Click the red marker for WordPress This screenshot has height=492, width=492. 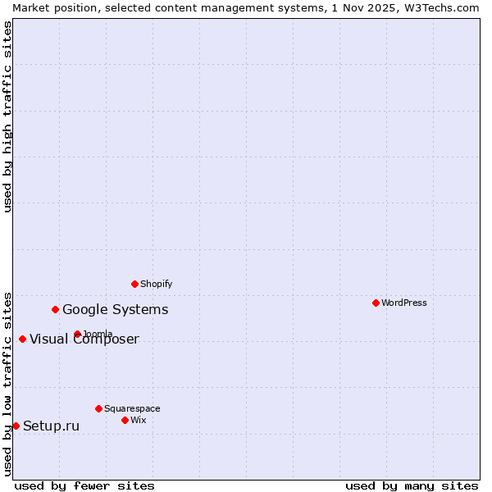pos(376,303)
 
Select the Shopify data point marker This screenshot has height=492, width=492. pos(134,284)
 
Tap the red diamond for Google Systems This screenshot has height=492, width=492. pos(55,309)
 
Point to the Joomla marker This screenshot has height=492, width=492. pos(77,334)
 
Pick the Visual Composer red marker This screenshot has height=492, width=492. pos(22,339)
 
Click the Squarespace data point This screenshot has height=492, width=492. pos(98,408)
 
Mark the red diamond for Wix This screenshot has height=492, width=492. pos(125,420)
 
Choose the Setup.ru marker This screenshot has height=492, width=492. pos(16,426)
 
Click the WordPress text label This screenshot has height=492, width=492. pos(404,303)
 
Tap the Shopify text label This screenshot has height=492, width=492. pos(156,284)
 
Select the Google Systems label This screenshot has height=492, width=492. pos(116,309)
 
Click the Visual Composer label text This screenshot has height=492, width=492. pos(84,339)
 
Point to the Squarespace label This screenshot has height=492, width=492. pos(132,408)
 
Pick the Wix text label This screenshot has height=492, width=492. pos(139,420)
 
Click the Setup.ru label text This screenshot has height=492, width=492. pos(52,426)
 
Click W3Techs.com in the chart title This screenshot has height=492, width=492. pos(442,7)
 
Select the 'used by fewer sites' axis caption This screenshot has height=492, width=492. pos(84,485)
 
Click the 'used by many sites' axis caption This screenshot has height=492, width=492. pos(412,485)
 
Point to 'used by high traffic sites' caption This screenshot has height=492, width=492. pos(7,116)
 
